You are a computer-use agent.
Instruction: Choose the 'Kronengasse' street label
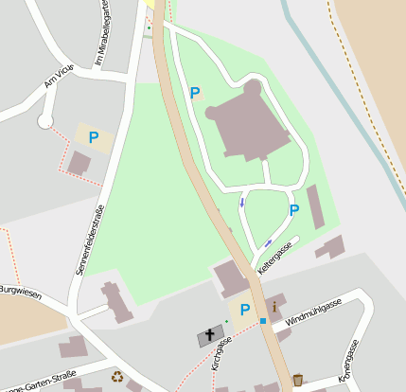coord(351,358)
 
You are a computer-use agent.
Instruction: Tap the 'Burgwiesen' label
coord(21,292)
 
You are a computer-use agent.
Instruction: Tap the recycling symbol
coord(117,377)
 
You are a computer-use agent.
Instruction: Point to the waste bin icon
coord(298,380)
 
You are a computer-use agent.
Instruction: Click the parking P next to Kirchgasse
coord(245,310)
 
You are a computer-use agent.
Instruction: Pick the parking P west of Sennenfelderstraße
coord(93,138)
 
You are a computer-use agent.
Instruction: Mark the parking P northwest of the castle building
coord(195,93)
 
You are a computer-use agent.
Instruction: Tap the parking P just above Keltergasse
coord(293,209)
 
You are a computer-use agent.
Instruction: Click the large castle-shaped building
coord(249,123)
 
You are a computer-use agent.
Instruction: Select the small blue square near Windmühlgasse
coord(263,322)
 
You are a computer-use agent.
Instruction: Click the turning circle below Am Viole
coord(44,121)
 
